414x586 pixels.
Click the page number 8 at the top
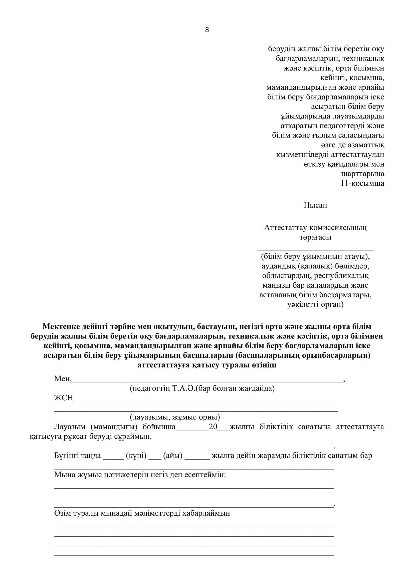(x=207, y=30)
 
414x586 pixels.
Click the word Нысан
(x=315, y=205)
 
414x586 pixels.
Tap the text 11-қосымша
(x=362, y=183)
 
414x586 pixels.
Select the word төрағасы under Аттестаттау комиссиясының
(x=315, y=237)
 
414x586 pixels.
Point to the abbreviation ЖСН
(x=64, y=398)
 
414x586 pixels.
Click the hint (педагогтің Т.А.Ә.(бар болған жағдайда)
(x=202, y=389)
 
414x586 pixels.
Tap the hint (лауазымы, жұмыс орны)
(x=175, y=417)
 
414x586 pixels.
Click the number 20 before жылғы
(x=213, y=427)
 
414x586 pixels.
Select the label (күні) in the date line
(x=136, y=455)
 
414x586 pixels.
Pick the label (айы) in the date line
(x=173, y=455)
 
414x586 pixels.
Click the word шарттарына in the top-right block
(x=362, y=174)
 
